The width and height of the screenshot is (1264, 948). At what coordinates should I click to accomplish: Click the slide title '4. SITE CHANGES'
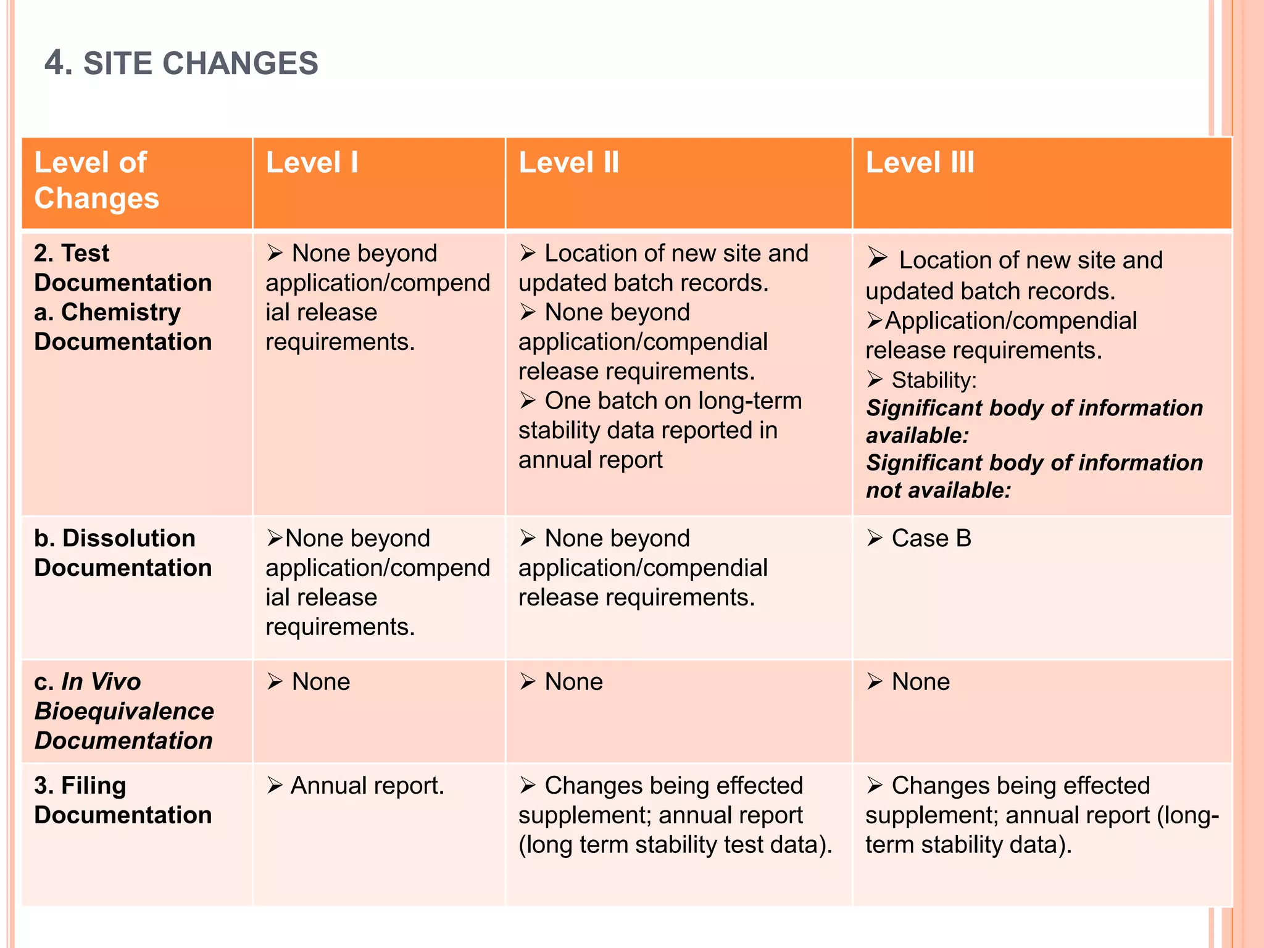(x=181, y=63)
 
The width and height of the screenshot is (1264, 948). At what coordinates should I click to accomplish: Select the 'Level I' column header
(x=312, y=163)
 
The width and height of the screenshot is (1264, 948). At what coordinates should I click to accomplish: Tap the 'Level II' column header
(x=568, y=163)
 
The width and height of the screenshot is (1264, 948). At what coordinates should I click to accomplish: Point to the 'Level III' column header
(x=920, y=163)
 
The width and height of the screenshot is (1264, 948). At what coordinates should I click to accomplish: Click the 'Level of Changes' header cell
(x=96, y=180)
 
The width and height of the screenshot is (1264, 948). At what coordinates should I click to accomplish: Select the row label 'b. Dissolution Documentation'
(x=123, y=553)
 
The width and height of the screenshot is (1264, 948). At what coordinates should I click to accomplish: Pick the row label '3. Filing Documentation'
(x=123, y=800)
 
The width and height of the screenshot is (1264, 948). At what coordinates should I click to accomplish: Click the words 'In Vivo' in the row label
(x=101, y=682)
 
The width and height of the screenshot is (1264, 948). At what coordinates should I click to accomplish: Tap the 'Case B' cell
(x=931, y=539)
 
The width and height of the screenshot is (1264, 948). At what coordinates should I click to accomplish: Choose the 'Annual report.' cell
(x=367, y=786)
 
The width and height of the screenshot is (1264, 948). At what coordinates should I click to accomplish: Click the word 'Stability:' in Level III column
(x=934, y=380)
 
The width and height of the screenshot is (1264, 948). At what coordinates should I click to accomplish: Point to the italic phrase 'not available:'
(x=938, y=491)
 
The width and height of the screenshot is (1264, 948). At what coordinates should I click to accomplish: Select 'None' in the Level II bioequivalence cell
(x=573, y=682)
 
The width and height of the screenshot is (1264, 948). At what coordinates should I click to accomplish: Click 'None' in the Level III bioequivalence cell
(x=920, y=682)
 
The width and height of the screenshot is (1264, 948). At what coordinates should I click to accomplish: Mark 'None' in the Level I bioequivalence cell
(x=321, y=682)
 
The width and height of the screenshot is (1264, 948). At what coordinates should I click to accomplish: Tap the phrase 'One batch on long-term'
(x=673, y=401)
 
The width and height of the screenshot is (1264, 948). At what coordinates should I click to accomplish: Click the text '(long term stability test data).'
(x=675, y=845)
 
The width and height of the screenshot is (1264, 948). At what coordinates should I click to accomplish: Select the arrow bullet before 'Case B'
(x=875, y=538)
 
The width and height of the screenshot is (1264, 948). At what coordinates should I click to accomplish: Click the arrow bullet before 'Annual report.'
(x=275, y=786)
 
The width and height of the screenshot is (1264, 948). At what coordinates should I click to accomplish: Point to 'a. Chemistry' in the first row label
(x=107, y=312)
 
